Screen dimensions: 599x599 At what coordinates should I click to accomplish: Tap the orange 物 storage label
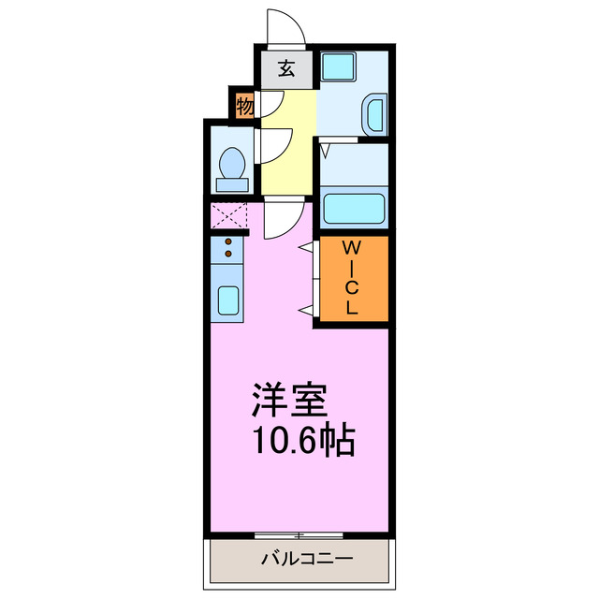(x=244, y=107)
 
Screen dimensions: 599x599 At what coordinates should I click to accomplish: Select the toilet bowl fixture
(x=231, y=167)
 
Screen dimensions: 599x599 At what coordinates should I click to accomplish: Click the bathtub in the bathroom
(x=354, y=208)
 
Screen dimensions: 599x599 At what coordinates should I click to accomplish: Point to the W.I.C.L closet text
(x=352, y=279)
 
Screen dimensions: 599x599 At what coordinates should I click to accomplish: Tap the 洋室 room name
(x=288, y=402)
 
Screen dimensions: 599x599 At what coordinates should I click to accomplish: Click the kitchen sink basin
(x=227, y=300)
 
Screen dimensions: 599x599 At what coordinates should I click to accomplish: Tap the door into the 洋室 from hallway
(x=281, y=219)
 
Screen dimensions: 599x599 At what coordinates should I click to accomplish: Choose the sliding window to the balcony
(x=299, y=535)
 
